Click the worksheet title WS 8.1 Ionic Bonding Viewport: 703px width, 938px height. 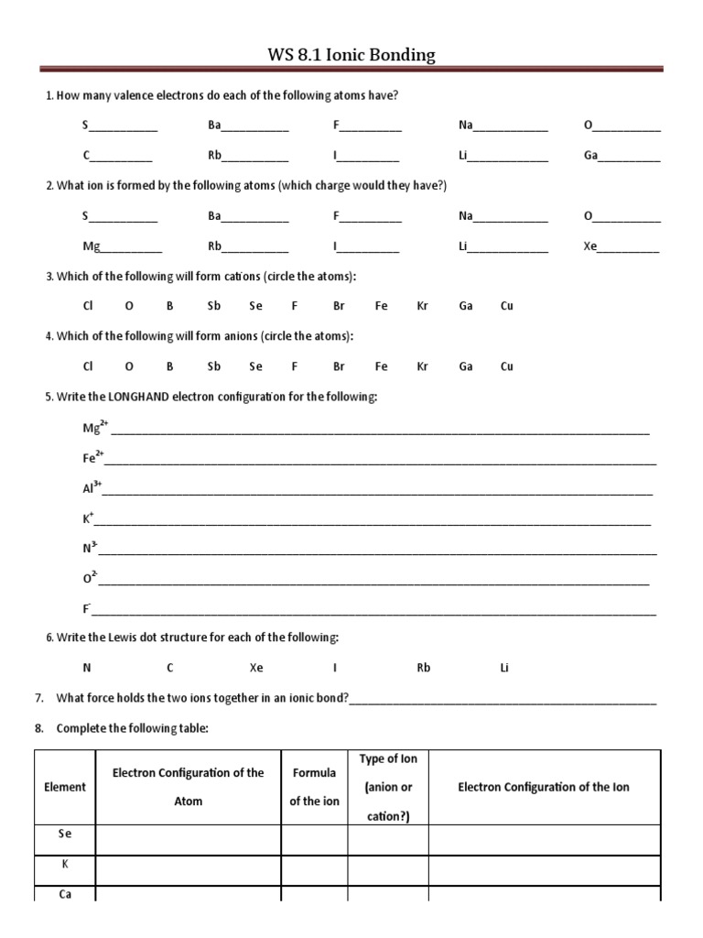351,55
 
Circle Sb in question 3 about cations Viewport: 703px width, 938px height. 214,306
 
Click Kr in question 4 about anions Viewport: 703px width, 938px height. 422,366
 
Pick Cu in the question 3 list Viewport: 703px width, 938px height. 507,306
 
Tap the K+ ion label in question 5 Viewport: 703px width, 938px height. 88,518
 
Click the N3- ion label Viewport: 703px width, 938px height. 90,549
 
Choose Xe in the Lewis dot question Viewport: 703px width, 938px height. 256,668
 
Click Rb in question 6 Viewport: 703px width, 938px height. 424,668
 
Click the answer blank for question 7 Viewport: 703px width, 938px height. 503,700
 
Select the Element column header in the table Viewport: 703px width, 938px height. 65,787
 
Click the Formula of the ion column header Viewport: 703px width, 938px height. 314,787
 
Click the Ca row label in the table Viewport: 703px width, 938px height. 65,895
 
